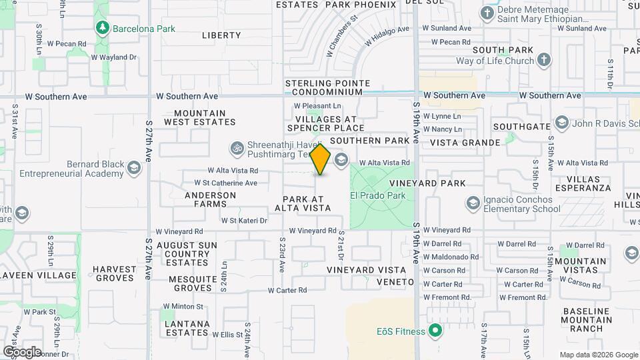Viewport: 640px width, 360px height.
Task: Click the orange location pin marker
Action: [x=321, y=159]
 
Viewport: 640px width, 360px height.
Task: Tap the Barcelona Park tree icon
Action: [x=103, y=28]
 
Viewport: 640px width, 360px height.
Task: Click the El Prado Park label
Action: [x=378, y=196]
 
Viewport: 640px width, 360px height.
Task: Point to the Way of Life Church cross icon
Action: [x=544, y=61]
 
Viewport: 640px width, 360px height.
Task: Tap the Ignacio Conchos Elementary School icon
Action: [x=473, y=202]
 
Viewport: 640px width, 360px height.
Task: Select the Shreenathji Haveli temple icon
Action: [x=236, y=147]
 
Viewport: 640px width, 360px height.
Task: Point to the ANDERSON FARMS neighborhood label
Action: [x=211, y=200]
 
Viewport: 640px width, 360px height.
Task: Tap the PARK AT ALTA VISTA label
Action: [x=307, y=203]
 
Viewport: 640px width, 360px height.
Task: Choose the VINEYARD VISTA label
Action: [x=366, y=269]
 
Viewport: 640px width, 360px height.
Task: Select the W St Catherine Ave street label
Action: [x=225, y=183]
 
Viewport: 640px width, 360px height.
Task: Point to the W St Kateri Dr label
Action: [x=244, y=220]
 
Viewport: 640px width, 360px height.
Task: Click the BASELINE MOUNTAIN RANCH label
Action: [x=587, y=319]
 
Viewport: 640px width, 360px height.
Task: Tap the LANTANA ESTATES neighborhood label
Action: [x=188, y=328]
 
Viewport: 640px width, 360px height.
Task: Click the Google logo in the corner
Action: [x=22, y=351]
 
